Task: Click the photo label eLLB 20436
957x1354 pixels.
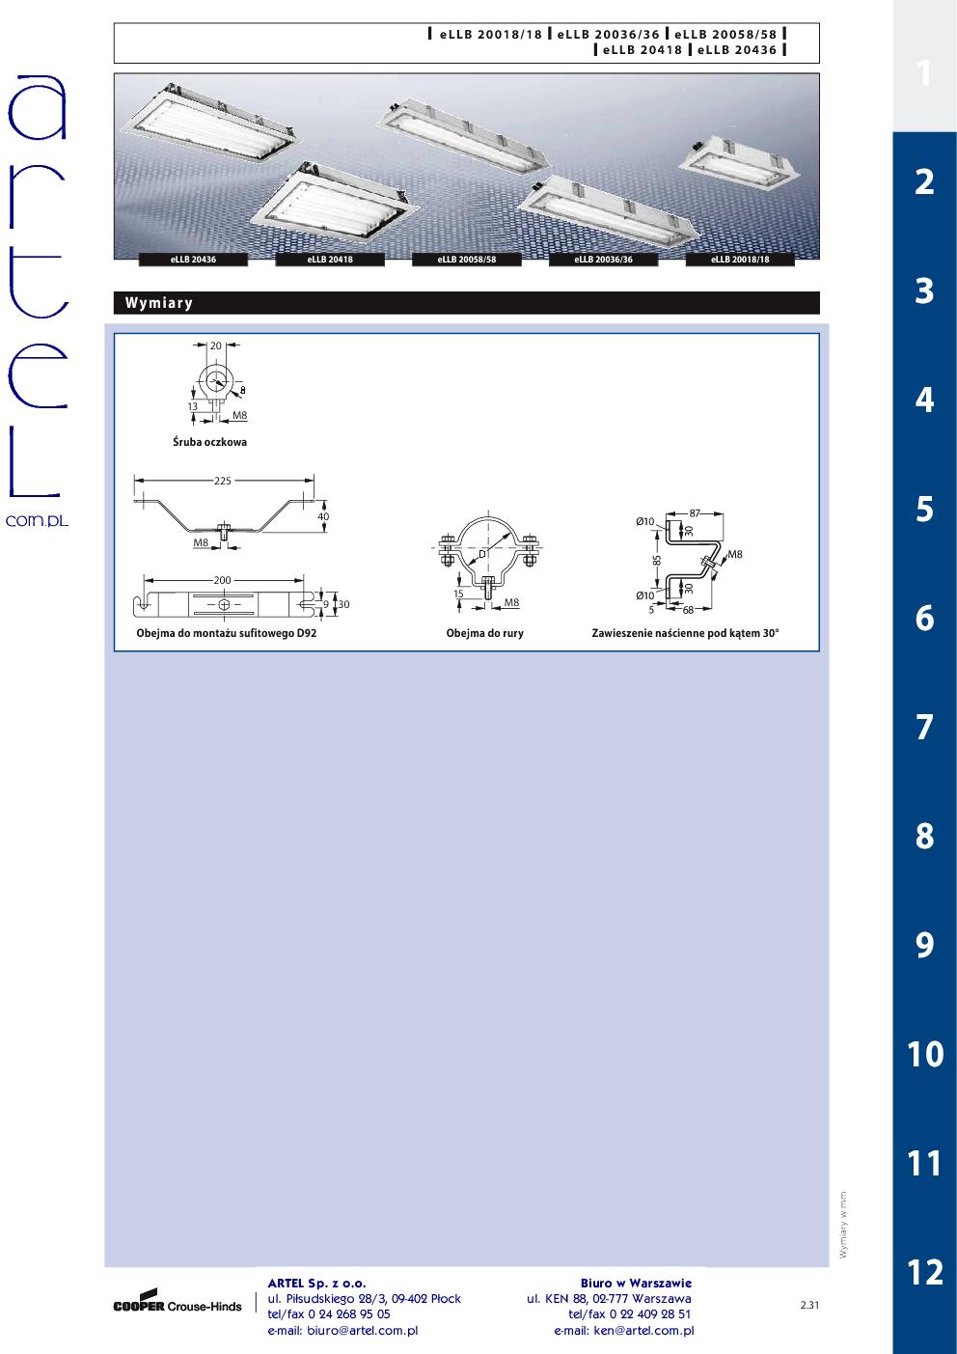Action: (193, 260)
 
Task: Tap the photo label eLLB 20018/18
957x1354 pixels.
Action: (740, 260)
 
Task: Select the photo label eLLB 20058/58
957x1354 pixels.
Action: (466, 260)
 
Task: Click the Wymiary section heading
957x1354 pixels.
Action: (159, 303)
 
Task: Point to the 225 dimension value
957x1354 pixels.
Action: (222, 481)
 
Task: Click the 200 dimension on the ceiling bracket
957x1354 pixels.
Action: (222, 580)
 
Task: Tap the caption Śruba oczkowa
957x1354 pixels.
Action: (209, 442)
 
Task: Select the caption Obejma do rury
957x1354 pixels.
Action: (484, 633)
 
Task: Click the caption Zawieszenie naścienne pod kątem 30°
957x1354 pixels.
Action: (685, 633)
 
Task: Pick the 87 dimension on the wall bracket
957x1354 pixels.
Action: (695, 513)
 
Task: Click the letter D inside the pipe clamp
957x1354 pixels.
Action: (482, 554)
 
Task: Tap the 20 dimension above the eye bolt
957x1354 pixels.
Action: (216, 345)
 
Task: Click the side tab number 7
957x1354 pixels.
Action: (924, 727)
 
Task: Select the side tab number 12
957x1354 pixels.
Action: (924, 1272)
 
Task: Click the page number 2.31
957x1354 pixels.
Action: (809, 1305)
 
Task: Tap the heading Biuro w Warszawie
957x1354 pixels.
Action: (636, 1283)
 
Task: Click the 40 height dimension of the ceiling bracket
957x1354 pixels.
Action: (323, 517)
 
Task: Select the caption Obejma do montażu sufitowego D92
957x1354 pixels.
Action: (226, 633)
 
